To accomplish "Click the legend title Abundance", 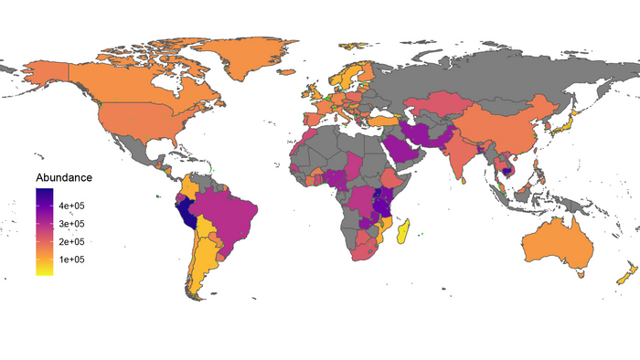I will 63,177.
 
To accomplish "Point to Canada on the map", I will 119,78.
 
